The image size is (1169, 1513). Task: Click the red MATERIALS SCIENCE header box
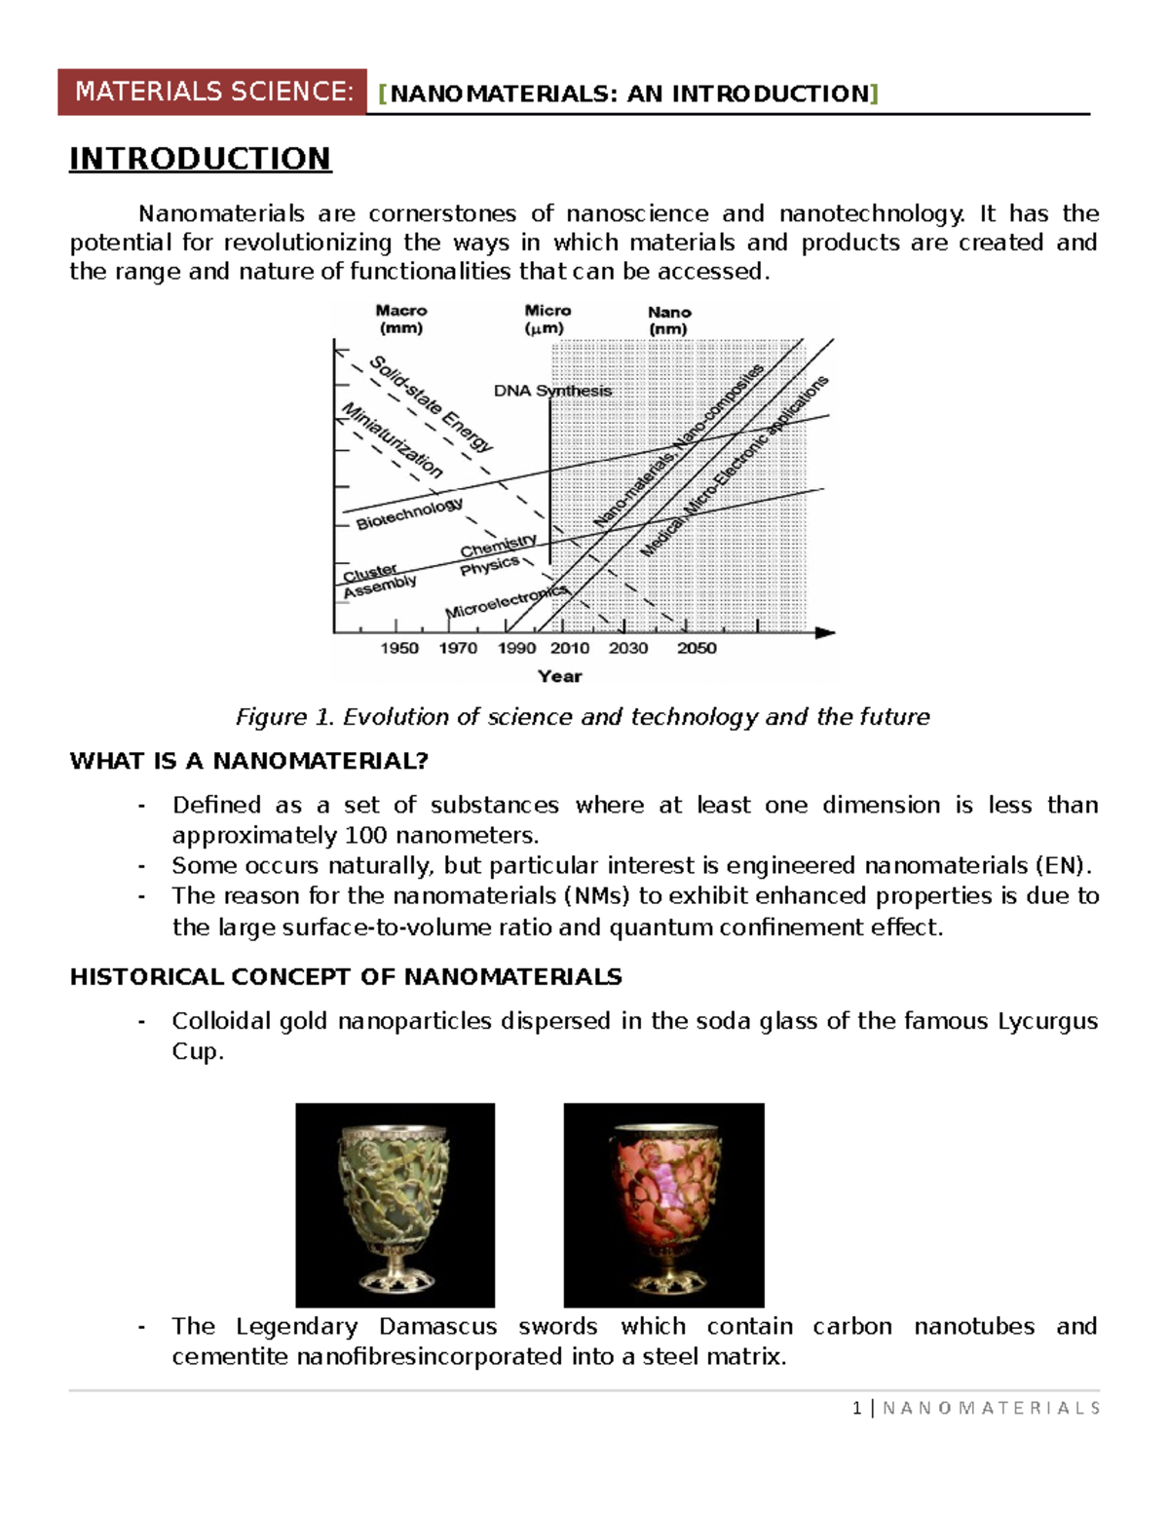[212, 92]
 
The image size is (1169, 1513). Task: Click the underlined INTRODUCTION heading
[200, 158]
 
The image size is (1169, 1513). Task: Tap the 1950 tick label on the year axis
[398, 648]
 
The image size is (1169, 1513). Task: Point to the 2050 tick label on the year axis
[697, 648]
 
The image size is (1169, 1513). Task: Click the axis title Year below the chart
[559, 676]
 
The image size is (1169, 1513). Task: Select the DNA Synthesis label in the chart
[552, 391]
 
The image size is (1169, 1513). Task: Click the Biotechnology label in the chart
[409, 513]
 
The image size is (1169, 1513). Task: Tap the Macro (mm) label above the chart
[401, 319]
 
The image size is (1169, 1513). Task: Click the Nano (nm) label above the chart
[669, 321]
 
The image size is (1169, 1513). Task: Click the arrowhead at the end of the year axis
[825, 632]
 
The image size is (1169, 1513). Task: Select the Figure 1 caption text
[583, 717]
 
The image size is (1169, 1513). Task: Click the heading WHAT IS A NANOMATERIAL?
[249, 761]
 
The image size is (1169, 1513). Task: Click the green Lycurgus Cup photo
[395, 1204]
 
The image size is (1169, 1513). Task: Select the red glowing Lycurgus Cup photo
[663, 1204]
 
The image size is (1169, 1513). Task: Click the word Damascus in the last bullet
[437, 1326]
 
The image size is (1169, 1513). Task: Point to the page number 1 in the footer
[856, 1408]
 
